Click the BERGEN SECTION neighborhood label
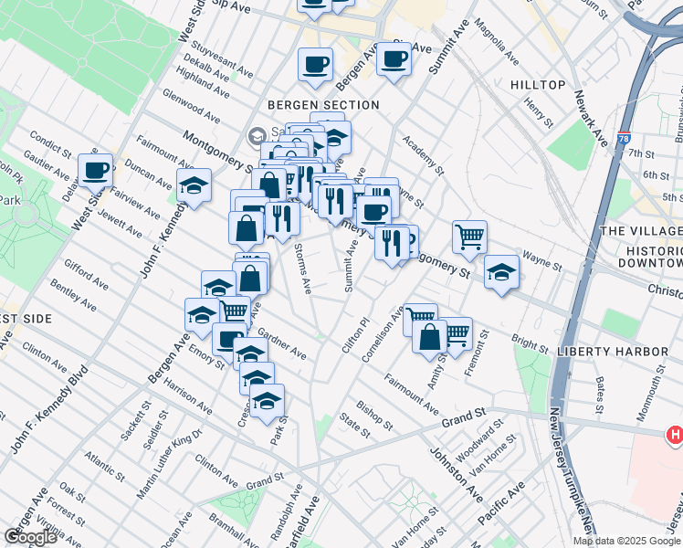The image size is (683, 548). click(x=323, y=105)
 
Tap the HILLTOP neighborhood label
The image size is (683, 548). click(x=539, y=84)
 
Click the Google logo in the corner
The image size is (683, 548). click(x=30, y=537)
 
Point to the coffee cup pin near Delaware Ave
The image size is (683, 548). click(x=95, y=170)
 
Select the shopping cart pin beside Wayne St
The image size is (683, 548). click(x=469, y=237)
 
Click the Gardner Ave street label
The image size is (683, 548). click(x=282, y=343)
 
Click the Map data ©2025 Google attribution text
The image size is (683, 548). click(x=626, y=541)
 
